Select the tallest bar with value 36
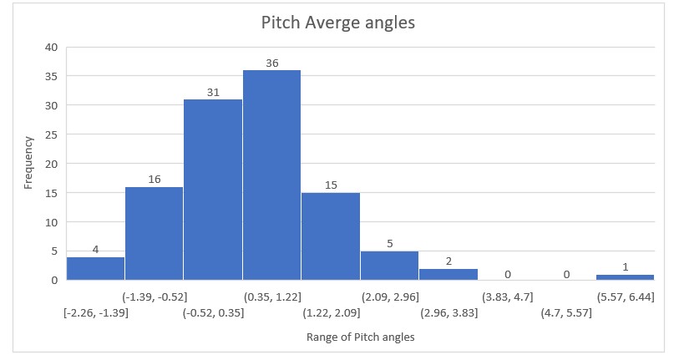click(x=271, y=175)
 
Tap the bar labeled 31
click(x=213, y=190)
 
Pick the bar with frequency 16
click(x=154, y=234)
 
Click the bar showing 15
click(x=331, y=236)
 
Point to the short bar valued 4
click(x=95, y=268)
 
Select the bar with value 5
click(x=389, y=266)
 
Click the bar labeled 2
click(x=448, y=274)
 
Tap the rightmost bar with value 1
click(x=625, y=276)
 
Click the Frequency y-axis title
click(x=29, y=164)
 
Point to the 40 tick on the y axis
click(x=51, y=48)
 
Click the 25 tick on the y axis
click(x=51, y=134)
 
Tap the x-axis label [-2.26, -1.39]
click(x=95, y=312)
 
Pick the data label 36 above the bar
click(x=271, y=63)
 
